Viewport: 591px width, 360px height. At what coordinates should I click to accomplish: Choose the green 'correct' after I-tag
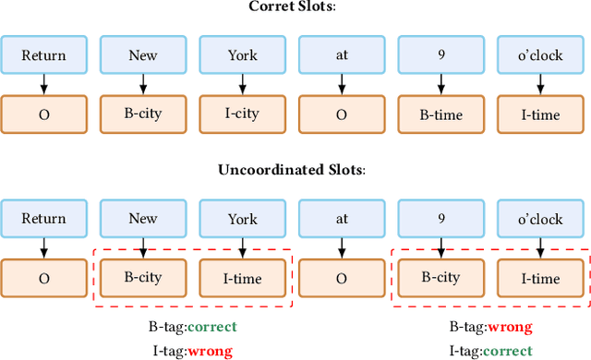pos(508,350)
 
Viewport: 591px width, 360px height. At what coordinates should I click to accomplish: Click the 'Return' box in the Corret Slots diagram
pos(44,54)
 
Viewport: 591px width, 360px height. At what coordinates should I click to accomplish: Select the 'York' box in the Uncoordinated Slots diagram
pos(243,220)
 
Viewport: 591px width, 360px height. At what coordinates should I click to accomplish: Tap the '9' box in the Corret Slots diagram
pos(441,54)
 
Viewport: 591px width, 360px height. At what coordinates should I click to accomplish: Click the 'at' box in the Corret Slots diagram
pos(342,54)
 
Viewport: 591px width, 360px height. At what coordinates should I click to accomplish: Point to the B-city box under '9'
pos(441,277)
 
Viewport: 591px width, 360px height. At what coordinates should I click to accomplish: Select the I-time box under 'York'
pos(243,277)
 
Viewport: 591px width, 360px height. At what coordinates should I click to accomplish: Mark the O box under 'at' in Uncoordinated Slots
pos(342,277)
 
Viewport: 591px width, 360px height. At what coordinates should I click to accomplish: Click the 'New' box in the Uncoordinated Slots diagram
pos(143,220)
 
